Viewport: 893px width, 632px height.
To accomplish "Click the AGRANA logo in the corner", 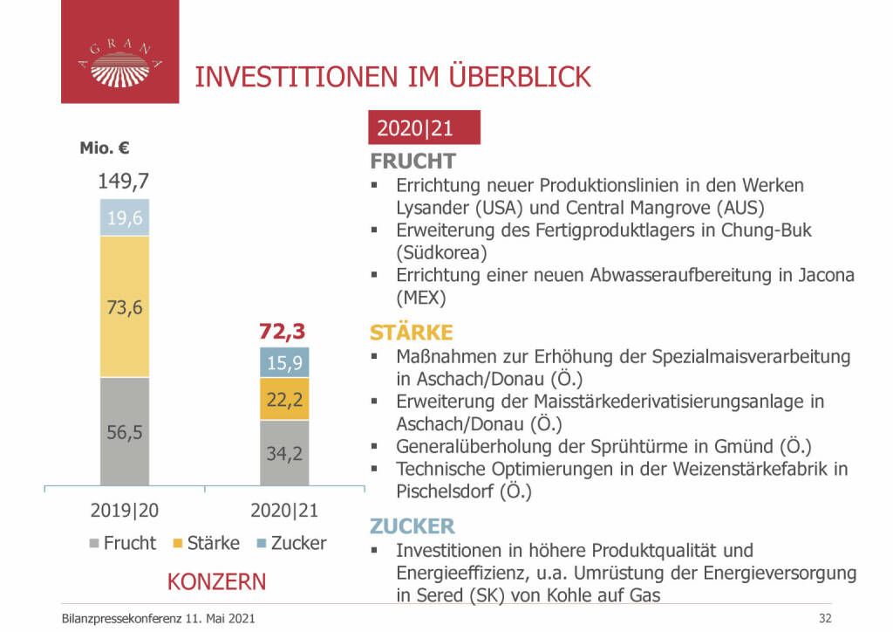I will click(119, 52).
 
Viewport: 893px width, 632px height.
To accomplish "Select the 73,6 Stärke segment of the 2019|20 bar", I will click(125, 306).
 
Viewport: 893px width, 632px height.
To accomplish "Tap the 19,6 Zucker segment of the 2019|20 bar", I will click(125, 217).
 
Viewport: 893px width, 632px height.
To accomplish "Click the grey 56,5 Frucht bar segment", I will click(125, 431).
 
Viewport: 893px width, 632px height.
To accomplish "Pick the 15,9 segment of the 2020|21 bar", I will click(284, 362).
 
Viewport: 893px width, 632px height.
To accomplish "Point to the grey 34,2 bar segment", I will click(284, 452).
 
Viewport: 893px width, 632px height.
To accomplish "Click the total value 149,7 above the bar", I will click(124, 181).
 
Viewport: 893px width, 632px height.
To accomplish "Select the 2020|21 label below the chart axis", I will click(283, 509).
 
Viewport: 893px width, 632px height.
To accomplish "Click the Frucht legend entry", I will click(122, 543).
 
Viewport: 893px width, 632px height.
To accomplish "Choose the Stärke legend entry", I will click(206, 543).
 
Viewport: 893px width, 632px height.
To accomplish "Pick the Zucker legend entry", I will click(290, 543).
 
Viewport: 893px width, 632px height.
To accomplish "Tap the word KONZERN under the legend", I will click(216, 581).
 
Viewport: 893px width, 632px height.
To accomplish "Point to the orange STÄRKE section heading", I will click(412, 333).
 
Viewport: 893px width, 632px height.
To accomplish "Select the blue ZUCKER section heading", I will click(412, 526).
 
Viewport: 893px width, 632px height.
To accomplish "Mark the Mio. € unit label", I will click(105, 148).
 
